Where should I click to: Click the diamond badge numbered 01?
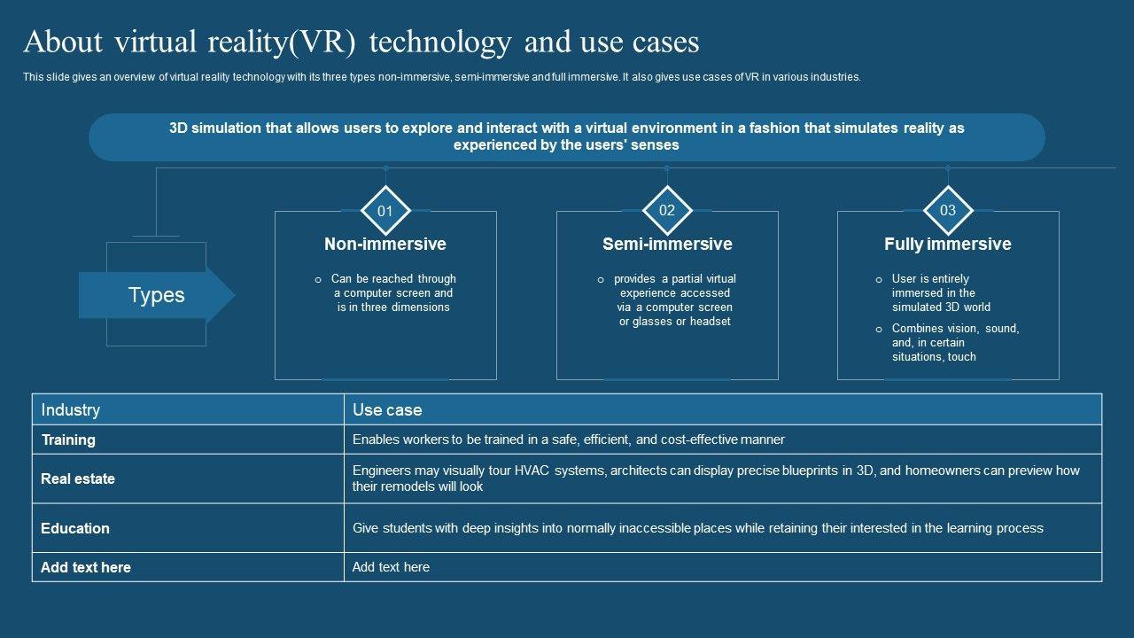pyautogui.click(x=385, y=211)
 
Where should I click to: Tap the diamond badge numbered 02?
pyautogui.click(x=667, y=210)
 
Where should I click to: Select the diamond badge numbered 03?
pyautogui.click(x=948, y=210)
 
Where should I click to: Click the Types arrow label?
pyautogui.click(x=157, y=295)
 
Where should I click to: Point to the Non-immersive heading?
pyautogui.click(x=385, y=244)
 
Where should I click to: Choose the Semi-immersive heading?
pyautogui.click(x=667, y=244)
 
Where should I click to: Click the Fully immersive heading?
pyautogui.click(x=947, y=244)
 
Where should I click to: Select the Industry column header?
pyautogui.click(x=71, y=409)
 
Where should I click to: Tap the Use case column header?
pyautogui.click(x=387, y=409)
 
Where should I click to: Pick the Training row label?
pyautogui.click(x=68, y=440)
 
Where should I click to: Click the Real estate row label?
pyautogui.click(x=78, y=478)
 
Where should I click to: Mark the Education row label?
pyautogui.click(x=75, y=528)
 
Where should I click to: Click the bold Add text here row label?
pyautogui.click(x=86, y=567)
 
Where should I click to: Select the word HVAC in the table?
pyautogui.click(x=534, y=471)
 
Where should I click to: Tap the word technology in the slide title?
pyautogui.click(x=439, y=43)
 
